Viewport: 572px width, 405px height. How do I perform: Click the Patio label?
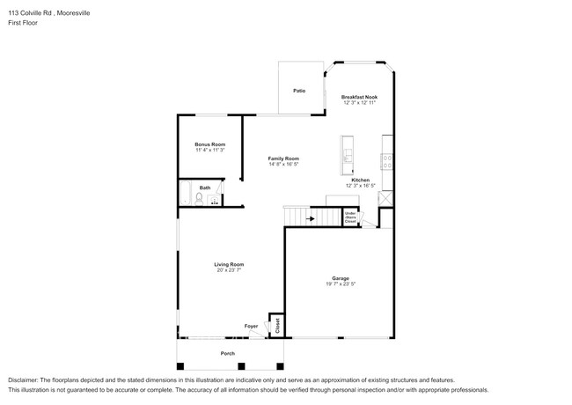point(299,91)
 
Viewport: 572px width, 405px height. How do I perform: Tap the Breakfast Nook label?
point(359,97)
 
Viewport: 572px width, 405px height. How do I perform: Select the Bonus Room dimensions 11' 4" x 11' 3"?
point(210,151)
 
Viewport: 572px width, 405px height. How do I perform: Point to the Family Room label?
point(283,158)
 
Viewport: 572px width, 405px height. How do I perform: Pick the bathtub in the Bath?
point(186,194)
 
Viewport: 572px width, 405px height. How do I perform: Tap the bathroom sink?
point(214,200)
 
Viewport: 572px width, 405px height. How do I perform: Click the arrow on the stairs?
point(309,218)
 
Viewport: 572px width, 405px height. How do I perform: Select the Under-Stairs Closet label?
point(350,217)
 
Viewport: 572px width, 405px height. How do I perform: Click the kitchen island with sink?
point(348,156)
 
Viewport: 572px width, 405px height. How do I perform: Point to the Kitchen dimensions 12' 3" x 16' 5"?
point(360,186)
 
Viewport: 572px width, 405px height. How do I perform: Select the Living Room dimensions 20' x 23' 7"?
point(229,270)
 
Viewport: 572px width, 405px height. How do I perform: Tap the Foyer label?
point(251,326)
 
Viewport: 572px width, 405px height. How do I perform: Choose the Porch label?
point(228,353)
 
